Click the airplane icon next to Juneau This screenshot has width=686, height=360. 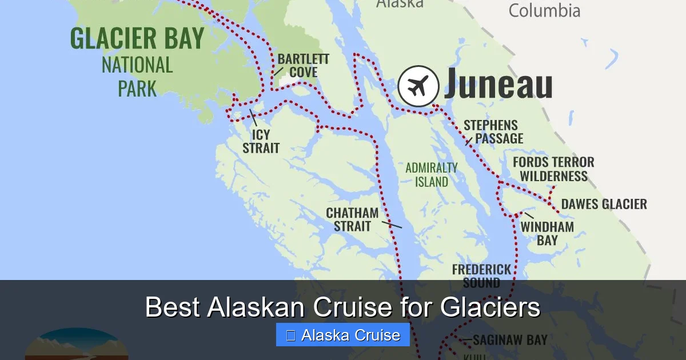click(x=418, y=86)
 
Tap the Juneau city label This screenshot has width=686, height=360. click(x=498, y=84)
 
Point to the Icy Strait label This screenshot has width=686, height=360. click(x=261, y=142)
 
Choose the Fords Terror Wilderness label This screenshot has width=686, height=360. click(x=553, y=169)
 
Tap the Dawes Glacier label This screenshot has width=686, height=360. click(x=604, y=204)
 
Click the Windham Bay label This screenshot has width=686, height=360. click(x=547, y=233)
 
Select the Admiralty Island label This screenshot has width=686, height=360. click(x=431, y=175)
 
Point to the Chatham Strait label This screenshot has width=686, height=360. click(x=352, y=219)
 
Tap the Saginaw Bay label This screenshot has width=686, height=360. click(x=510, y=339)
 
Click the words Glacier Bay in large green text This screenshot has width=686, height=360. click(x=137, y=39)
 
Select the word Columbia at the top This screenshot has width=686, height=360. click(x=544, y=10)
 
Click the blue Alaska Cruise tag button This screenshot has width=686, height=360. click(x=342, y=335)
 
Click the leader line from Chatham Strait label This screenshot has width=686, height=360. click(x=392, y=225)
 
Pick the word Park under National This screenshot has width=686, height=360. click(x=137, y=89)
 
